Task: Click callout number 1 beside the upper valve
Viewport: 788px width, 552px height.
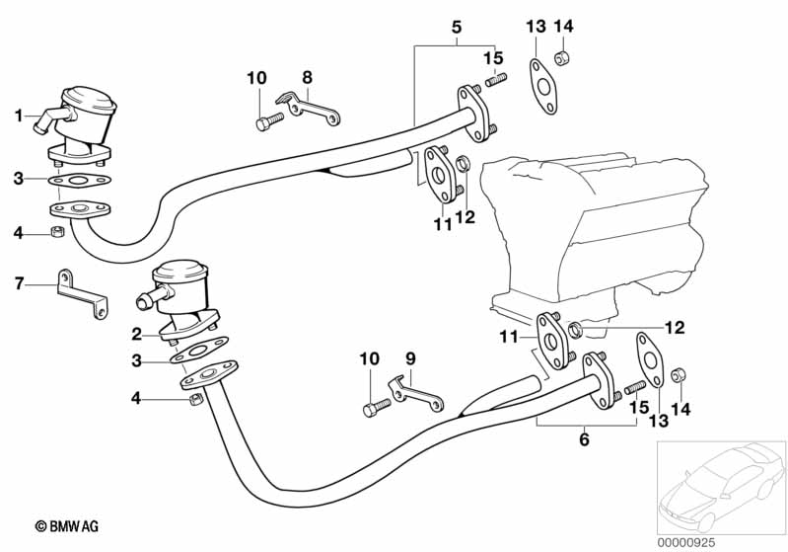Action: pyautogui.click(x=18, y=117)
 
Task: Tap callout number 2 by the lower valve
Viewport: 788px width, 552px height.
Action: pyautogui.click(x=137, y=333)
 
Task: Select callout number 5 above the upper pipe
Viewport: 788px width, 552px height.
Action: pyautogui.click(x=456, y=27)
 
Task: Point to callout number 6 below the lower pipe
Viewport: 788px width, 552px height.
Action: pyautogui.click(x=584, y=439)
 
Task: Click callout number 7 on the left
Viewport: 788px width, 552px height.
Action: pyautogui.click(x=18, y=284)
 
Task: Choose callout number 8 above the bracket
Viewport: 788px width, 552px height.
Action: pyautogui.click(x=307, y=76)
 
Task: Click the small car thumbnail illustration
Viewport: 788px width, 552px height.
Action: pyautogui.click(x=720, y=481)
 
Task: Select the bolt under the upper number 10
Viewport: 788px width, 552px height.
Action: pyautogui.click(x=267, y=121)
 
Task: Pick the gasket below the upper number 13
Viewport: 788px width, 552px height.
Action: pyautogui.click(x=542, y=86)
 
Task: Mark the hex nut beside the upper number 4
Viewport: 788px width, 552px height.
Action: pyautogui.click(x=58, y=233)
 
